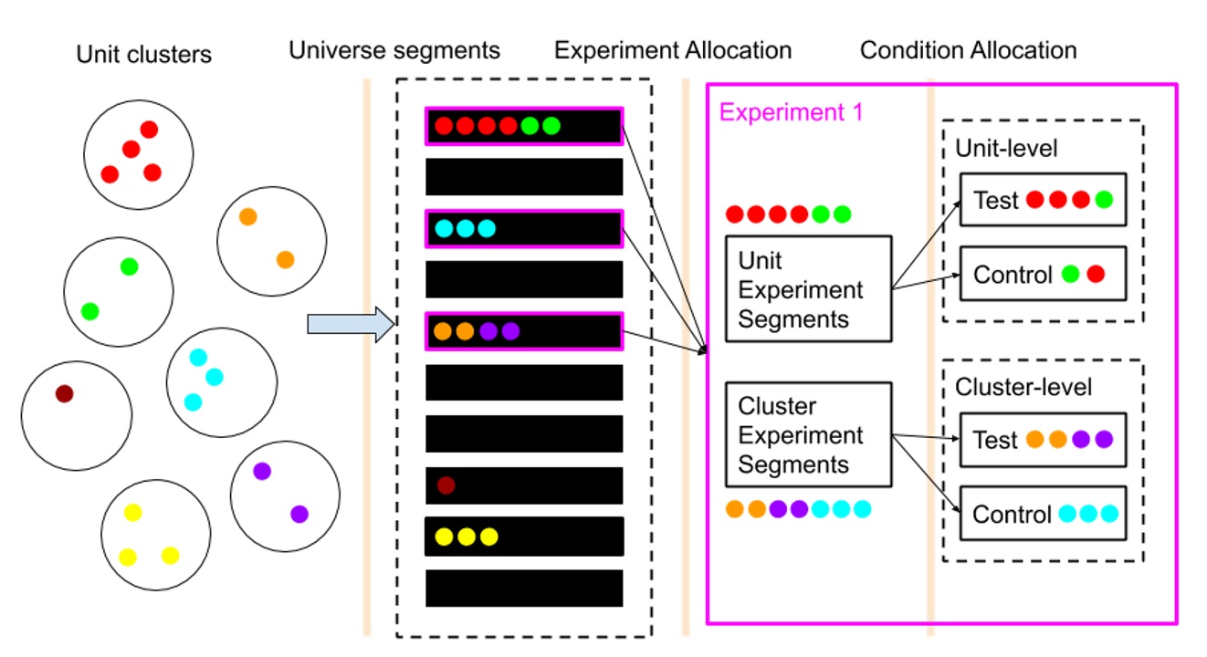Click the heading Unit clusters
[143, 55]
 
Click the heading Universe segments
[394, 50]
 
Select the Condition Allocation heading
[968, 50]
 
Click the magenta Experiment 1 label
[791, 113]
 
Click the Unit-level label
[1005, 149]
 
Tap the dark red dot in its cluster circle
[64, 394]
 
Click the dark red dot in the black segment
[446, 485]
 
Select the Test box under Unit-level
[1043, 200]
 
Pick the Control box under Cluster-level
[1043, 514]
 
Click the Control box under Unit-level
[1043, 273]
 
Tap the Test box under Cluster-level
[1043, 440]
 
